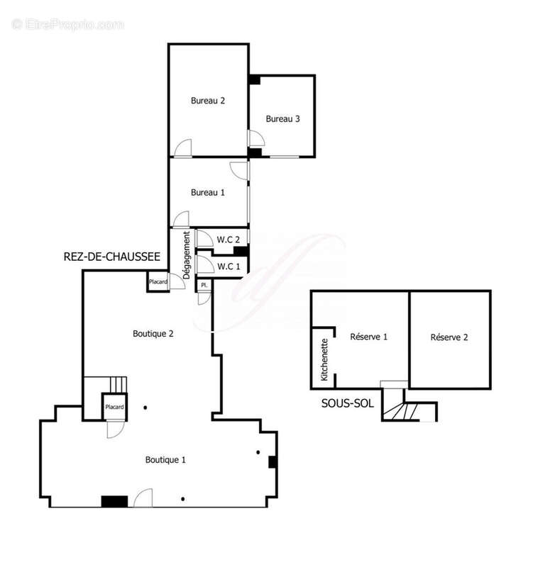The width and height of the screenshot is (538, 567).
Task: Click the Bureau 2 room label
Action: click(x=208, y=101)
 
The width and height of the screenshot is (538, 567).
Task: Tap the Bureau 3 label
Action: click(x=282, y=118)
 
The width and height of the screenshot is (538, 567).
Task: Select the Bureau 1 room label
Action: click(x=208, y=192)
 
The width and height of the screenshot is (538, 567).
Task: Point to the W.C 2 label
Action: click(x=228, y=240)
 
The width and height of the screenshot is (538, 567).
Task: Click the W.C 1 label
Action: click(x=229, y=266)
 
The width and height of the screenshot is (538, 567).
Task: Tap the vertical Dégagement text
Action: click(x=187, y=255)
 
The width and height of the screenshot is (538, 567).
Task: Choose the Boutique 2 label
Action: click(x=153, y=333)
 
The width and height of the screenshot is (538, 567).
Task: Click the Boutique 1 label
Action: click(x=165, y=459)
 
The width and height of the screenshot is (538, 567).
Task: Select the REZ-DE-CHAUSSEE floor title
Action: click(x=112, y=257)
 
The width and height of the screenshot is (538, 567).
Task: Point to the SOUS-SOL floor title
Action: click(x=348, y=403)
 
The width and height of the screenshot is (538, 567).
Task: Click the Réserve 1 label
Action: click(x=368, y=337)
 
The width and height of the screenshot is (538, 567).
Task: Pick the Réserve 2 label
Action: click(x=449, y=337)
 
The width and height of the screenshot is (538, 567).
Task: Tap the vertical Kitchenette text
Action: click(x=324, y=359)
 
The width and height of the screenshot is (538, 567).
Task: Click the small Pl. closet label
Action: click(x=204, y=286)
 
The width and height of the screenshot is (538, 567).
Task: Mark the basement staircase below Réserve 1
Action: click(x=401, y=412)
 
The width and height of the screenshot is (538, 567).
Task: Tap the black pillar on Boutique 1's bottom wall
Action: click(x=114, y=502)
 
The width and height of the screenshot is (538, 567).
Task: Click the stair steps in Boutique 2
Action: click(x=119, y=385)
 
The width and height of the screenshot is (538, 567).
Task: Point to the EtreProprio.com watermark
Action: click(x=67, y=25)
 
